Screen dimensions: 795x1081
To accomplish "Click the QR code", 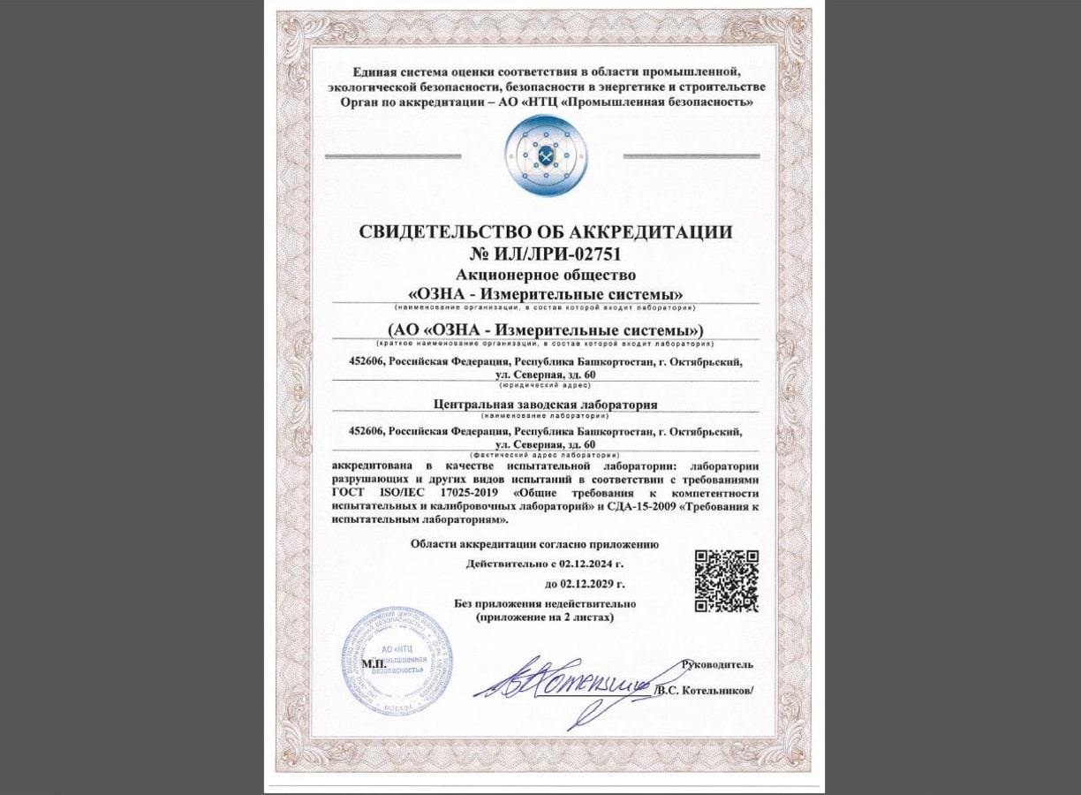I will pyautogui.click(x=726, y=580).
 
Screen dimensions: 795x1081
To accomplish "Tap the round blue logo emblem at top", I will pyautogui.click(x=545, y=155).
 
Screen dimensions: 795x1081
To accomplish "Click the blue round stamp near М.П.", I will pyautogui.click(x=397, y=660).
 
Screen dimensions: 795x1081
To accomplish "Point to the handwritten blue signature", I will pyautogui.click(x=565, y=684).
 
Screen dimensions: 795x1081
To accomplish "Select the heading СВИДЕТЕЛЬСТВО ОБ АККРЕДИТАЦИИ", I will pyautogui.click(x=545, y=232).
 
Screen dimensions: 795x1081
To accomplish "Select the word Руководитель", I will pyautogui.click(x=717, y=664).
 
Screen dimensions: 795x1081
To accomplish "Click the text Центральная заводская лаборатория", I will pyautogui.click(x=545, y=405).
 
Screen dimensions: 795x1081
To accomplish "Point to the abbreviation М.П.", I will pyautogui.click(x=374, y=662).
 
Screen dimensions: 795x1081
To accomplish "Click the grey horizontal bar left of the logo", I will pyautogui.click(x=392, y=156).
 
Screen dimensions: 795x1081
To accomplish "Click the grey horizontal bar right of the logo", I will pyautogui.click(x=691, y=156).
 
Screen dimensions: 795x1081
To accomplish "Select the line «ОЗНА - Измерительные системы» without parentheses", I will pyautogui.click(x=545, y=293).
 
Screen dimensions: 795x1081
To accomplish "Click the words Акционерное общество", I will pyautogui.click(x=545, y=275).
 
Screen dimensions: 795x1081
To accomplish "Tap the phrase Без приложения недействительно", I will pyautogui.click(x=545, y=604).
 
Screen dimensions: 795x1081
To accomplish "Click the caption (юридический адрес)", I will pyautogui.click(x=545, y=385).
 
